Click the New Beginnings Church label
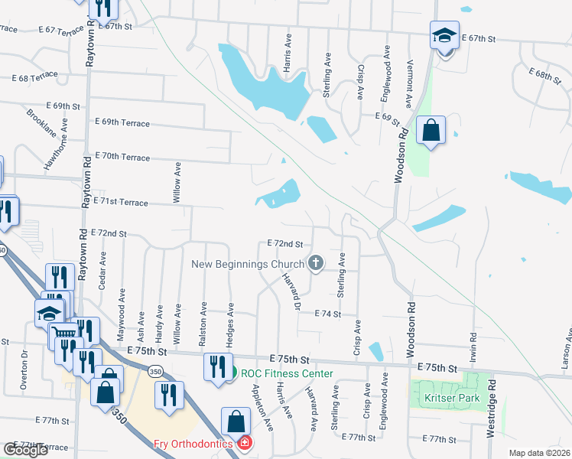pos(247,264)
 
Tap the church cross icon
pos(315,264)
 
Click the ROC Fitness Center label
pos(287,373)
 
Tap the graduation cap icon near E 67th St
pos(444,36)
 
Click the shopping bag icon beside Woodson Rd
pos(431,130)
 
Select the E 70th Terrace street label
pos(122,157)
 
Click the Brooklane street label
pos(41,122)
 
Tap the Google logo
pos(26,450)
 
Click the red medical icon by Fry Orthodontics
pos(245,442)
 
